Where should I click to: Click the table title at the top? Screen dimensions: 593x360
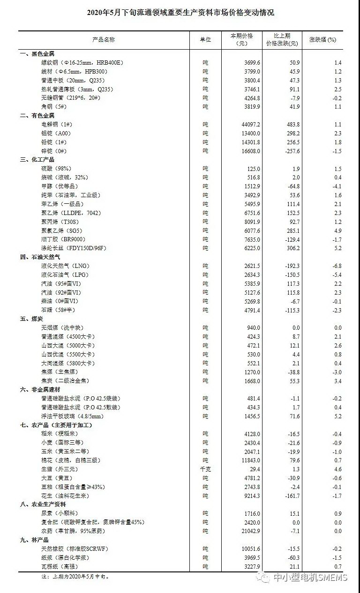(180, 13)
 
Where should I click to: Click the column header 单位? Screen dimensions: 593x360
(205, 40)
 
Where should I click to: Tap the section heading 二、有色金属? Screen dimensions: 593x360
(37, 116)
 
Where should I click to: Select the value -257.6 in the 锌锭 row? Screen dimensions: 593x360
(289, 151)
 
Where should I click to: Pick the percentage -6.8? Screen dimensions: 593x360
(336, 266)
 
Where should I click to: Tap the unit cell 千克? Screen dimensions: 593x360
(205, 469)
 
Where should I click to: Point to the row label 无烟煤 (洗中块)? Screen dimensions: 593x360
(62, 328)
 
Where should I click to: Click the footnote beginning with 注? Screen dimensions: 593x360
(75, 577)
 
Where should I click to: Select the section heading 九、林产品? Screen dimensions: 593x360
(35, 540)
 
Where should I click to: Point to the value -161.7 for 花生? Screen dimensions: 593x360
(289, 496)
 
